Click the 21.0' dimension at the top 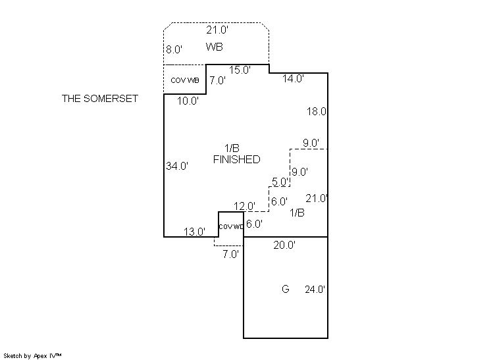click(217, 30)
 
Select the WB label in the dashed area click(214, 47)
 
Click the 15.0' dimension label click(240, 70)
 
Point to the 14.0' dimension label click(293, 78)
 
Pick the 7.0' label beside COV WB click(217, 81)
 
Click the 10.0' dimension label click(188, 101)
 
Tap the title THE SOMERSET click(100, 99)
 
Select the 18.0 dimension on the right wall click(317, 112)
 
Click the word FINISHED click(236, 159)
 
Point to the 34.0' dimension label click(177, 167)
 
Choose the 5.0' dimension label click(280, 182)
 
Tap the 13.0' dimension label click(195, 231)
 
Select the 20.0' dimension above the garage click(284, 245)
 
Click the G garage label click(286, 289)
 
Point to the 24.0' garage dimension click(315, 289)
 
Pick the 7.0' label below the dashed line click(230, 254)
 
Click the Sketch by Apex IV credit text click(32, 355)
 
